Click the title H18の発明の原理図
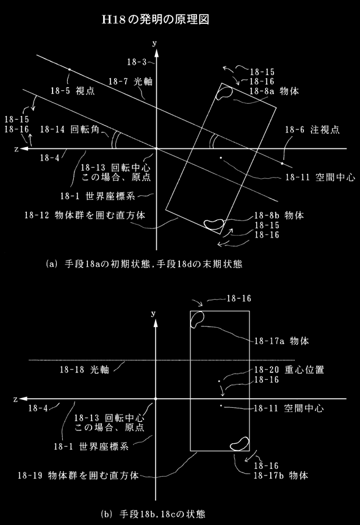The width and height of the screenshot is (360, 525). pos(156,20)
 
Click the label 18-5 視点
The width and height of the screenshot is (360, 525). pos(73,91)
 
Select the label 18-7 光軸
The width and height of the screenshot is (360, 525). pos(131,81)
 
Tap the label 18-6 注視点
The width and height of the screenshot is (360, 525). pos(312,129)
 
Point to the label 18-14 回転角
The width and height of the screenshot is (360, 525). pos(70,129)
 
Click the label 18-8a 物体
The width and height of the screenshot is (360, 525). pos(274,91)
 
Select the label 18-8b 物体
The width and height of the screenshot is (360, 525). pos(279,215)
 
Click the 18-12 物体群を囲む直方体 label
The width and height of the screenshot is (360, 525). pos(85,215)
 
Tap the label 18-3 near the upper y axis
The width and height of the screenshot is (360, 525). pos(137,62)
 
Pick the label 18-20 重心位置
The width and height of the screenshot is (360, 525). pos(289,370)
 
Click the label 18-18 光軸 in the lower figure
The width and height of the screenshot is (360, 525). pos(84,369)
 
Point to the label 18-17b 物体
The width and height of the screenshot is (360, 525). pos(281,476)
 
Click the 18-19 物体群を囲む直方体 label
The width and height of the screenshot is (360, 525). pos(78,476)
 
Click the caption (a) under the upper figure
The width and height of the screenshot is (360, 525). pos(144,264)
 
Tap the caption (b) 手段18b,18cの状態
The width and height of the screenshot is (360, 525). pos(153,514)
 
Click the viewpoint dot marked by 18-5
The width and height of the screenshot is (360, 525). pos(70,70)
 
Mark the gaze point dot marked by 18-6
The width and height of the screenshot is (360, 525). pos(282,164)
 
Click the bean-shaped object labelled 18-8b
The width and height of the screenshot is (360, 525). pos(214,224)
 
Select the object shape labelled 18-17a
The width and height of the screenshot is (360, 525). pos(197,319)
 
